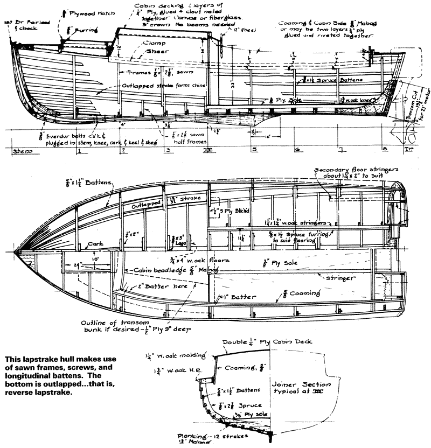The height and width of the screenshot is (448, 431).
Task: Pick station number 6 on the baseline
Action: pos(297,151)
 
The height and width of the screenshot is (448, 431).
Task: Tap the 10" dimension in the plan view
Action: pos(95,260)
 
